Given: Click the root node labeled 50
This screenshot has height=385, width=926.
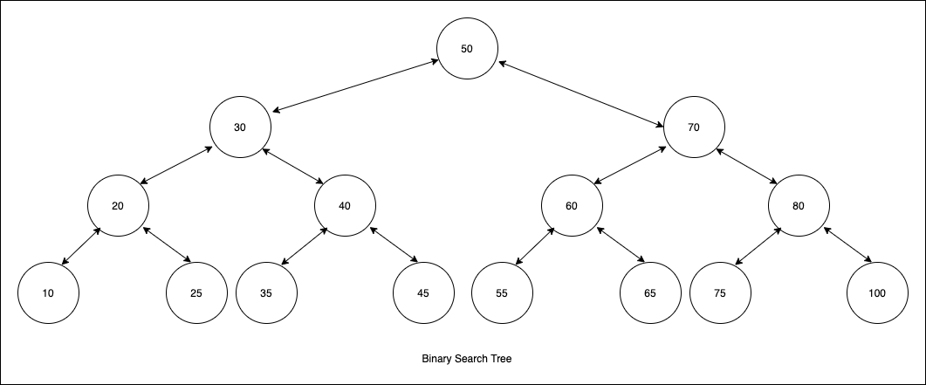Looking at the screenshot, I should (x=467, y=48).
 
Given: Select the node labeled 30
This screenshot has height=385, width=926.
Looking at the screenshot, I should (x=240, y=127).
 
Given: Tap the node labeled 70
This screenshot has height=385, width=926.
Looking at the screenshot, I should (x=694, y=127).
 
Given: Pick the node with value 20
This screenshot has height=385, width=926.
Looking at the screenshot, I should (x=118, y=206).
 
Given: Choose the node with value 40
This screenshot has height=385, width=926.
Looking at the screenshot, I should (x=345, y=206).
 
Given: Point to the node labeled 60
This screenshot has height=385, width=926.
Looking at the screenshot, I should (x=572, y=206).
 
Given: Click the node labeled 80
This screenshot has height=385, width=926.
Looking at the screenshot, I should (x=799, y=206).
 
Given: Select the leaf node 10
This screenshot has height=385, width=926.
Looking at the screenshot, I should (x=48, y=293).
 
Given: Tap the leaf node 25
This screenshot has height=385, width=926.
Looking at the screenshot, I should (x=196, y=293).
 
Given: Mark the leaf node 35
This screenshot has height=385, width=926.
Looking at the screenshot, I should (x=266, y=293).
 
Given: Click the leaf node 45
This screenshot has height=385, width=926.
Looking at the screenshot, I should (x=423, y=293).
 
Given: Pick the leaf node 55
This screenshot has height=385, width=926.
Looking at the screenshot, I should (x=502, y=293).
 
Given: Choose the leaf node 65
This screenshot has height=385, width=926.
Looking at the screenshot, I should (x=650, y=293).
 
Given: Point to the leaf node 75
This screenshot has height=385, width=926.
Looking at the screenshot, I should (x=720, y=293).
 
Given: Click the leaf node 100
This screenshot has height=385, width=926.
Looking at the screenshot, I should (x=877, y=293).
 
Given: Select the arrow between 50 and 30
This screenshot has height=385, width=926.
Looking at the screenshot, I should (x=353, y=86).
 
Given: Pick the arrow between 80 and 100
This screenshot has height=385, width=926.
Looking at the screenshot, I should (x=847, y=244).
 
